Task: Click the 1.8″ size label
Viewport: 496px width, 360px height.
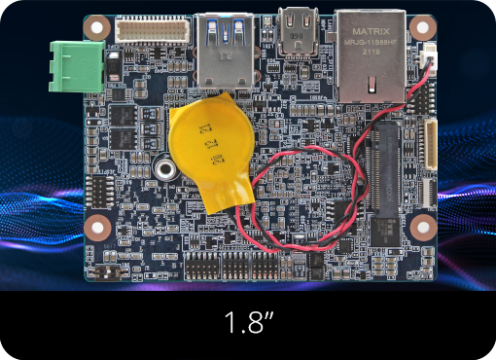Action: pyautogui.click(x=247, y=323)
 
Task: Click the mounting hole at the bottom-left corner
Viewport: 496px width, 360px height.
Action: pyautogui.click(x=97, y=229)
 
